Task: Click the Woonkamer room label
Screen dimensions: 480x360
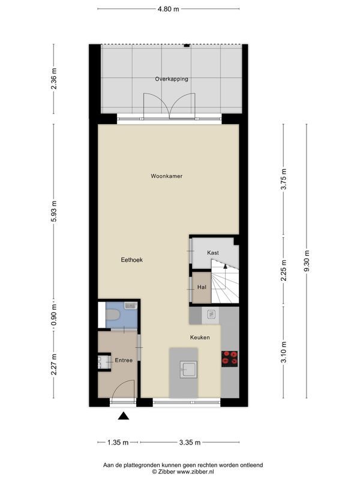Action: pyautogui.click(x=166, y=176)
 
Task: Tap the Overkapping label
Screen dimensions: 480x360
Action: pyautogui.click(x=172, y=79)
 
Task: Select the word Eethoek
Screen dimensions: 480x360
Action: pyautogui.click(x=131, y=260)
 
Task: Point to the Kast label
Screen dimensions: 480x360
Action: pyautogui.click(x=213, y=253)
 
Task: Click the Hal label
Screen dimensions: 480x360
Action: pyautogui.click(x=202, y=287)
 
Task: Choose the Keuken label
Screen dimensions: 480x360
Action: pyautogui.click(x=200, y=338)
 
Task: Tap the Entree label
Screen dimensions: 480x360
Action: pyautogui.click(x=124, y=361)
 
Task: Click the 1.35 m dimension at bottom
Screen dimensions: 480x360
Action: pyautogui.click(x=118, y=443)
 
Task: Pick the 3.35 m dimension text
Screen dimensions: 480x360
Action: pyautogui.click(x=189, y=443)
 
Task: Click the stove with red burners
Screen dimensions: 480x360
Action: pyautogui.click(x=230, y=358)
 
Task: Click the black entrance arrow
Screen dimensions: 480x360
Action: pyautogui.click(x=124, y=416)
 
